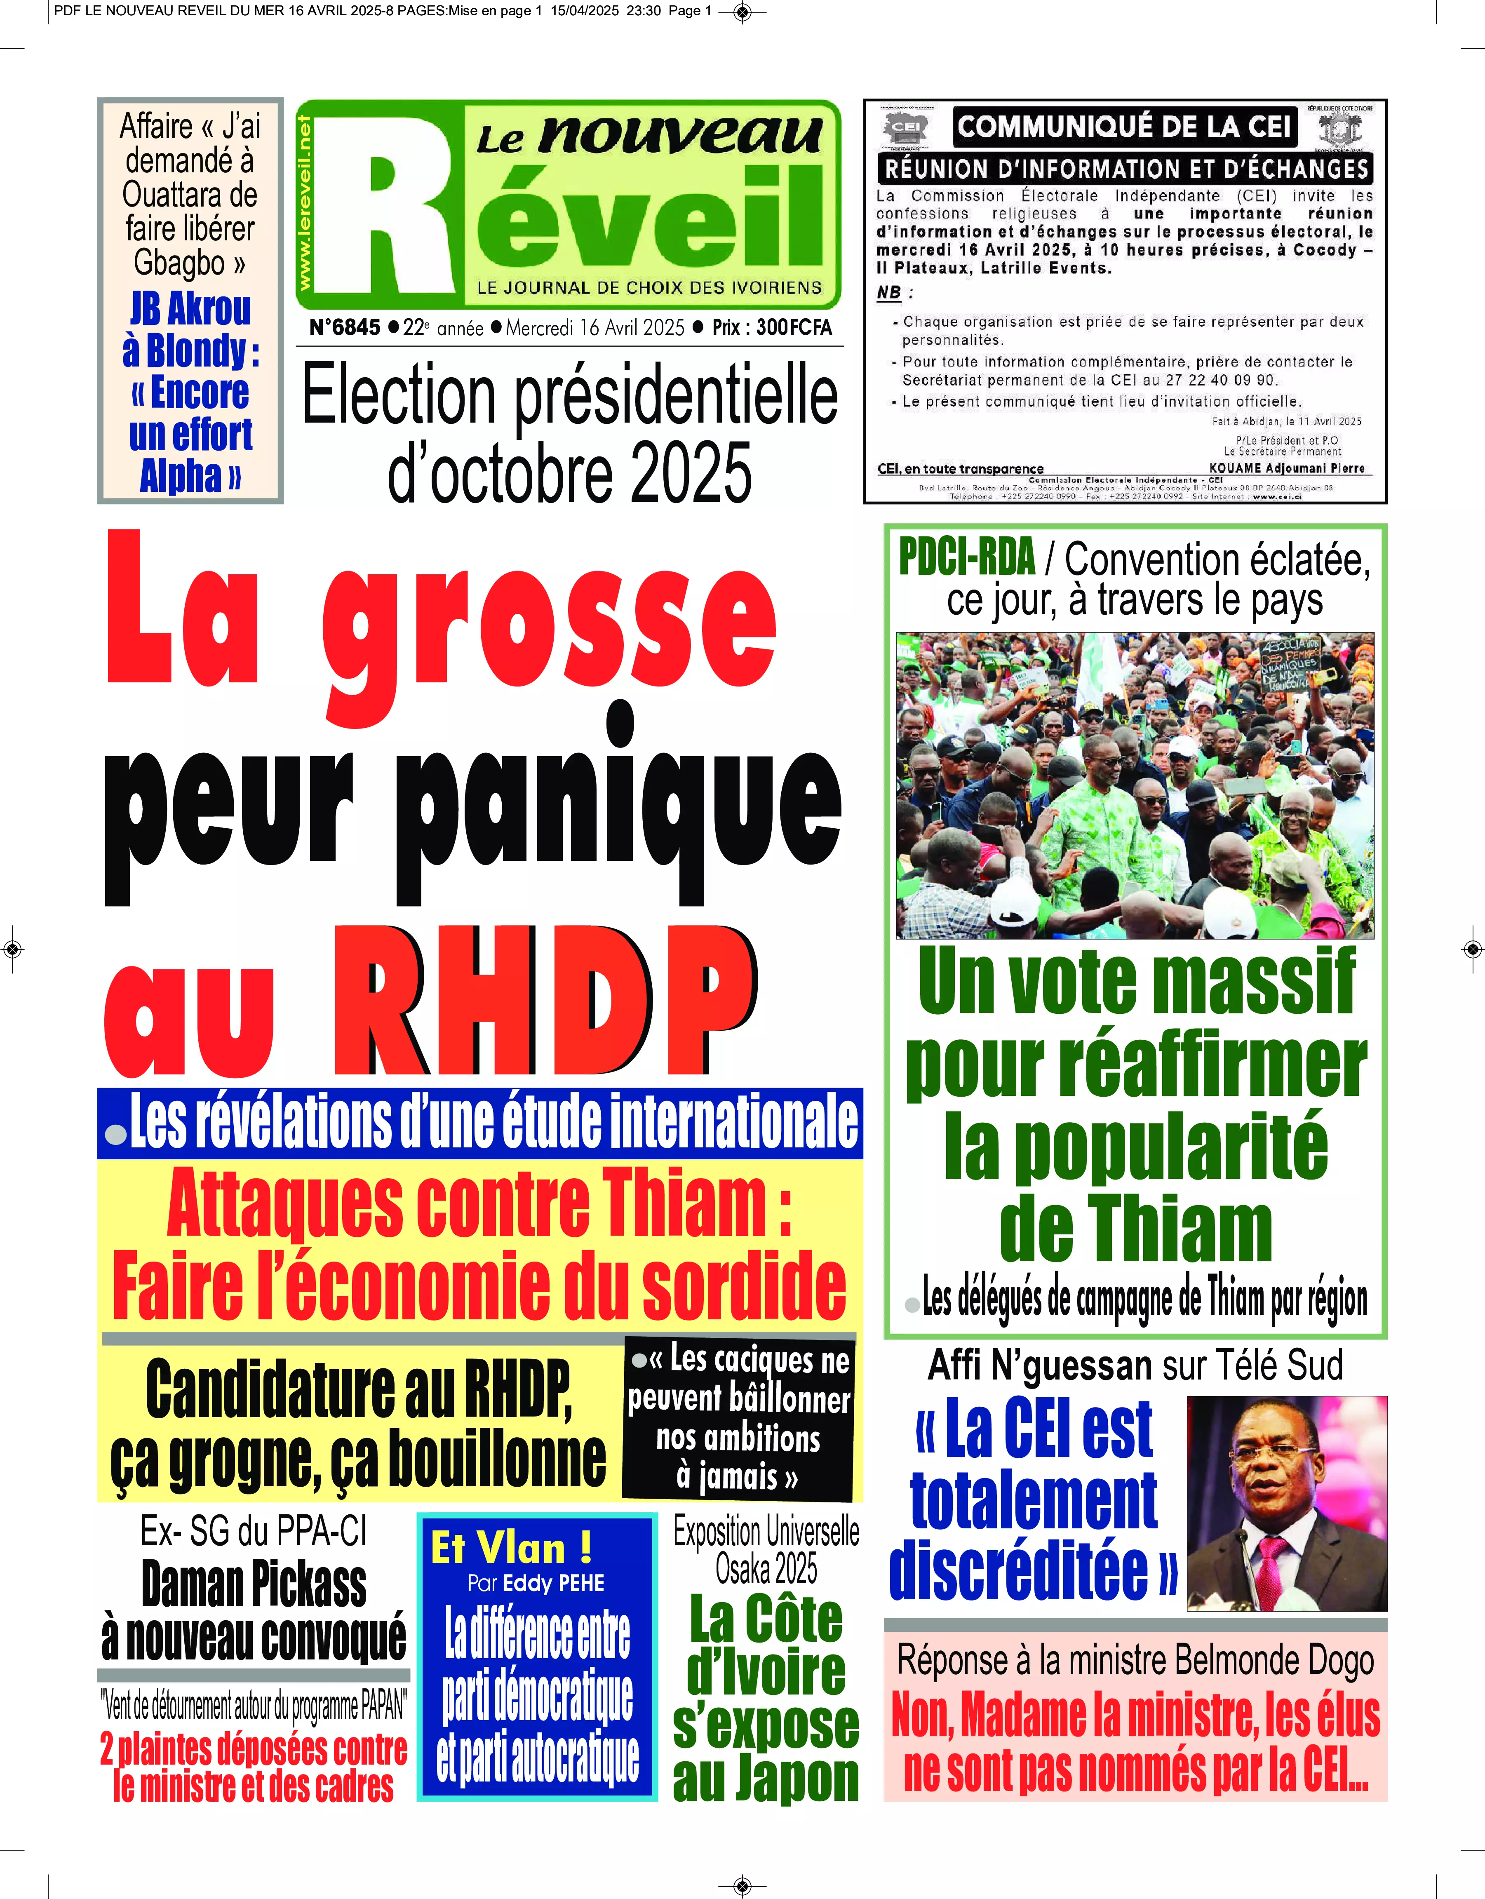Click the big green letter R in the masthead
(396, 222)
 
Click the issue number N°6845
(345, 328)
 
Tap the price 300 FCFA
(793, 328)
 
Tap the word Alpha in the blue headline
(181, 476)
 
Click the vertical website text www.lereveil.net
(304, 204)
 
